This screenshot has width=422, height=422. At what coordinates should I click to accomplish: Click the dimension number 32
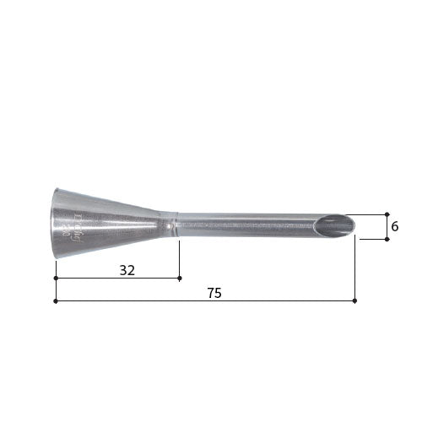tap(127, 270)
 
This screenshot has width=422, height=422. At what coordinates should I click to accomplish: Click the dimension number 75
tap(214, 293)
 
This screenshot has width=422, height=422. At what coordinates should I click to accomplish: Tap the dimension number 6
tap(395, 226)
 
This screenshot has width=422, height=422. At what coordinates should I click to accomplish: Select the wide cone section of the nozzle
tap(101, 225)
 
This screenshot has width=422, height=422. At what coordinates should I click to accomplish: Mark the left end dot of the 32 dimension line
tap(56, 278)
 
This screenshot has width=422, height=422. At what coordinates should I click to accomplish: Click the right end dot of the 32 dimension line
tap(180, 278)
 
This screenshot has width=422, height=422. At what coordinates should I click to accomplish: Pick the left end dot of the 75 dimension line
tap(56, 300)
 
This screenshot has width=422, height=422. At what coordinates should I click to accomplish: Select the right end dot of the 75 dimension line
tap(354, 300)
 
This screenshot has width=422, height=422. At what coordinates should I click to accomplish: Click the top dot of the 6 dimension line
tap(387, 214)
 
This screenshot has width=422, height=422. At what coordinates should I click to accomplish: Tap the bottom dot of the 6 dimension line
tap(387, 239)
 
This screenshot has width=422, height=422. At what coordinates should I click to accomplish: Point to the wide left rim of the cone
tap(55, 225)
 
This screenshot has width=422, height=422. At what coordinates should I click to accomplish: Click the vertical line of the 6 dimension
tap(387, 226)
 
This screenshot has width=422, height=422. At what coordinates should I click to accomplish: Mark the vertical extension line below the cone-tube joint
tap(180, 257)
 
